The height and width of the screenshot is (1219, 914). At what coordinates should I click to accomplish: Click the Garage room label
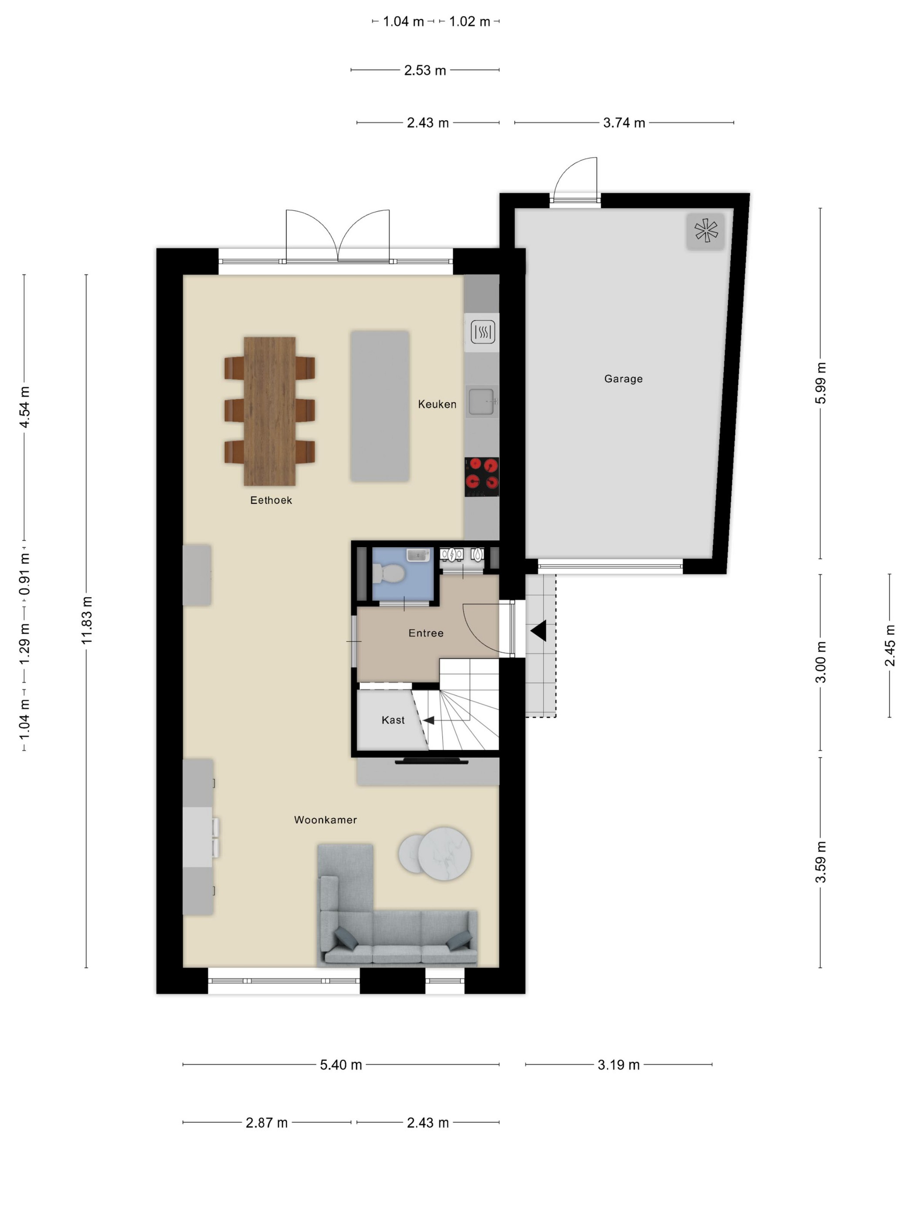(x=623, y=379)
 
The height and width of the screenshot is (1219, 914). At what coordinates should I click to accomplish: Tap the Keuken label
(x=437, y=404)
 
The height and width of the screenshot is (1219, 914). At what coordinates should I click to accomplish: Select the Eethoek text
(x=271, y=500)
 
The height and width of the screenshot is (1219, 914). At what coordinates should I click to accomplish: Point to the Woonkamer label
(x=325, y=819)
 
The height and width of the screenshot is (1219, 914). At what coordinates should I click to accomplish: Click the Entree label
(x=426, y=633)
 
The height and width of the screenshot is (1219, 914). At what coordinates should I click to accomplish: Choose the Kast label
(x=393, y=720)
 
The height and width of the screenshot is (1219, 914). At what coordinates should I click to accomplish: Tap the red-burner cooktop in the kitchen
(x=481, y=477)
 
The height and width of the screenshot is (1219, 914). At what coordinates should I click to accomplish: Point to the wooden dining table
(x=269, y=411)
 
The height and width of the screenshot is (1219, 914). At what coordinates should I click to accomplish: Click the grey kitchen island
(x=380, y=406)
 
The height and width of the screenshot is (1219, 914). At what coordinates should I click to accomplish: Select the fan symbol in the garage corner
(x=705, y=231)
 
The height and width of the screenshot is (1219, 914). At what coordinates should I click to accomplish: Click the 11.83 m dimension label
(x=87, y=620)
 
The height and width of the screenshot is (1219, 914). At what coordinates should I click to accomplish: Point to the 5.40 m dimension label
(x=341, y=1064)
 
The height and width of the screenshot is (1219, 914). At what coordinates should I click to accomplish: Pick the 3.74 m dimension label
(x=624, y=122)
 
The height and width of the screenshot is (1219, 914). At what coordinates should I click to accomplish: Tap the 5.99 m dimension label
(x=820, y=383)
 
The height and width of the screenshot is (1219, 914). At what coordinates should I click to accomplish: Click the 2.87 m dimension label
(x=267, y=1122)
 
